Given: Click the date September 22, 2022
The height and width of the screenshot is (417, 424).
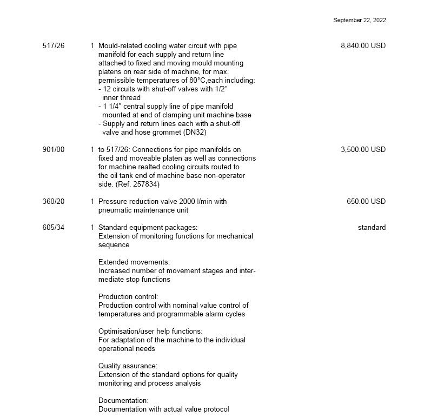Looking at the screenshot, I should click(360, 20).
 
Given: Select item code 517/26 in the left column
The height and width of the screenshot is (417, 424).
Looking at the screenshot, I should click(53, 46).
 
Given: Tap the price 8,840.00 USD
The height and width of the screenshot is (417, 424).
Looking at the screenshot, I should click(363, 46).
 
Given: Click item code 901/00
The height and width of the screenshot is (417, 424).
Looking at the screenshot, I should click(53, 150).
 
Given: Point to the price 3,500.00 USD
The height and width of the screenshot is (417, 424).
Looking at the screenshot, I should click(363, 150).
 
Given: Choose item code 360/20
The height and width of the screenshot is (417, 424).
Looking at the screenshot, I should click(53, 202).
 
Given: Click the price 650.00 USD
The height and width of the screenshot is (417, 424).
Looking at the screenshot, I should click(366, 202).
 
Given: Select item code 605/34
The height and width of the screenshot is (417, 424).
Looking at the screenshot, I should click(53, 228).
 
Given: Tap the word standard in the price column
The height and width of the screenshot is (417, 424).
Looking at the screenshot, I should click(372, 228).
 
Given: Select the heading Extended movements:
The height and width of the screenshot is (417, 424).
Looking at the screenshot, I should click(134, 262).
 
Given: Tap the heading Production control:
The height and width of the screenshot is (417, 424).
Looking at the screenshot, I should click(128, 297).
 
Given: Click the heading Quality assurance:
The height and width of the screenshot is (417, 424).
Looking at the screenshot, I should click(128, 366).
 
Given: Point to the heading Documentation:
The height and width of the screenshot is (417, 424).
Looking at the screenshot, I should click(124, 401).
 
